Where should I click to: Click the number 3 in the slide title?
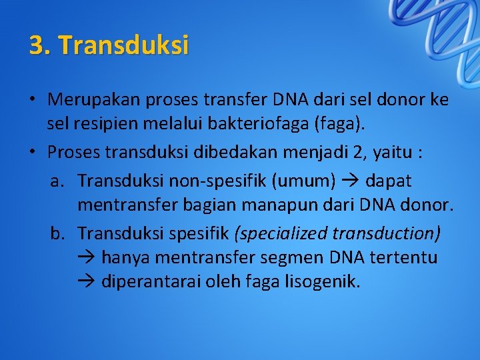tap(37, 45)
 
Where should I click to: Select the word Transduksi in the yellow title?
tap(124, 45)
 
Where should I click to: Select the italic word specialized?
tap(279, 233)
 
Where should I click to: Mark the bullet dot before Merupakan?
tap(32, 101)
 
